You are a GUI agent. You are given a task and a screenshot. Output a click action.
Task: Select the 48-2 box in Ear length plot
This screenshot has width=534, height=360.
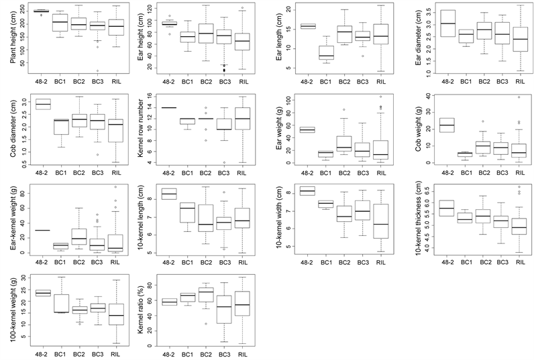point(308,26)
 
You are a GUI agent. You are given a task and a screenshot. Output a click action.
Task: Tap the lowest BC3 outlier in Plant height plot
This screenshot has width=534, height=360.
point(98,71)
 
